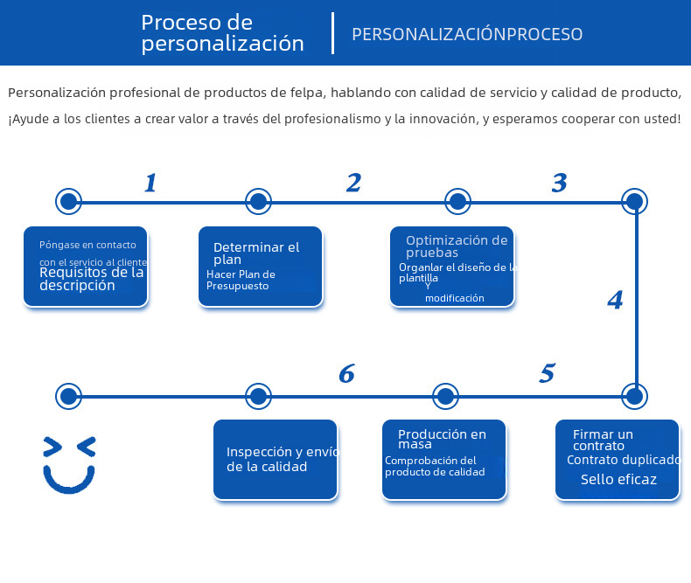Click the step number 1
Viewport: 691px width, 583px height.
pyautogui.click(x=150, y=183)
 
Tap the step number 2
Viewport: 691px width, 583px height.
pyautogui.click(x=353, y=183)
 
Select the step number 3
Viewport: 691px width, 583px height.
pyautogui.click(x=560, y=183)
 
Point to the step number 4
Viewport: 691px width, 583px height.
pyautogui.click(x=615, y=301)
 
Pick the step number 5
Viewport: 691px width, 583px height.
pyautogui.click(x=547, y=374)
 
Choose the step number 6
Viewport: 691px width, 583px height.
pyautogui.click(x=346, y=374)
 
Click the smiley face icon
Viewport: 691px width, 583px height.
pyautogui.click(x=69, y=463)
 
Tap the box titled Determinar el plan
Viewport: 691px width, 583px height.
pyautogui.click(x=261, y=267)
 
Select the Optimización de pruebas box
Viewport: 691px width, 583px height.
pyautogui.click(x=452, y=267)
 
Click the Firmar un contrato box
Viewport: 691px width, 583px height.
pyautogui.click(x=617, y=460)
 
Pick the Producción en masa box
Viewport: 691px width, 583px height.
pyautogui.click(x=444, y=460)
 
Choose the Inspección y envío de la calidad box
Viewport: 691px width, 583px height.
pyautogui.click(x=276, y=460)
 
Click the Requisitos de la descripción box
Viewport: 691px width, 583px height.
pyautogui.click(x=86, y=267)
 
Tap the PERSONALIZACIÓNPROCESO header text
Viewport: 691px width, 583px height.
pyautogui.click(x=467, y=34)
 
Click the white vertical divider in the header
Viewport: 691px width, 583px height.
pyautogui.click(x=333, y=33)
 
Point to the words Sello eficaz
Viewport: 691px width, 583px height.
pyautogui.click(x=618, y=479)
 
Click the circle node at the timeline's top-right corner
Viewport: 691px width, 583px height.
pyautogui.click(x=635, y=202)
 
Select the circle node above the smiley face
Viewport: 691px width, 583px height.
pyautogui.click(x=68, y=396)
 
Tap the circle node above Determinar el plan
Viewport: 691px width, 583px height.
pyautogui.click(x=258, y=202)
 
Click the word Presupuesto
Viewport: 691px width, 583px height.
pyautogui.click(x=238, y=286)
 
